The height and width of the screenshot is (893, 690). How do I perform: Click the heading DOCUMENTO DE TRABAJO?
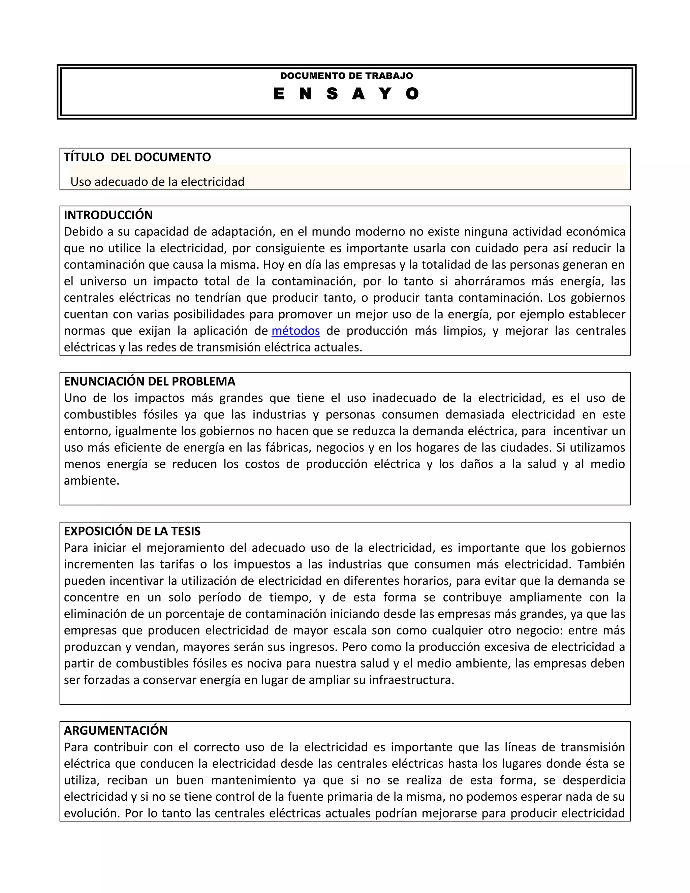coord(346,75)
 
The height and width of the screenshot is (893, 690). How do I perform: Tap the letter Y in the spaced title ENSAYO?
coord(385,94)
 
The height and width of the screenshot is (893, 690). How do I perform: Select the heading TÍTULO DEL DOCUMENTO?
coord(137,157)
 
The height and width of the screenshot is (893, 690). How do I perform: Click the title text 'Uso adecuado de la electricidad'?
coord(157,182)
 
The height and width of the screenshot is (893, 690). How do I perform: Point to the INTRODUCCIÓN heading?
coord(108,215)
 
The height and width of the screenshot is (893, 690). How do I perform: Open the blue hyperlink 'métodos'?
coord(295,330)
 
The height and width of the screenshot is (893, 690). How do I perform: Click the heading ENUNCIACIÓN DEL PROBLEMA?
coord(150,381)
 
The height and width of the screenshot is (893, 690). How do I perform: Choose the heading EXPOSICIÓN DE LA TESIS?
coord(132,531)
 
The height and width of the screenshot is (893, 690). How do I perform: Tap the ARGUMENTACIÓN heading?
coord(116,730)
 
